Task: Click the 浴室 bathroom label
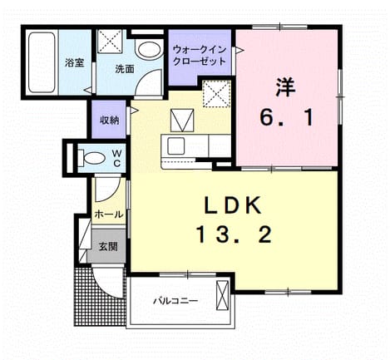[x=74, y=62]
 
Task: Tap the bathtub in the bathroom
[x=42, y=62]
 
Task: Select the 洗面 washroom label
[x=125, y=69]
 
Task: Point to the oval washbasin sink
[x=149, y=50]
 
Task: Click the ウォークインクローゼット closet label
[x=200, y=56]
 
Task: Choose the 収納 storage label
[x=109, y=120]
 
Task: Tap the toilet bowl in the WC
[x=92, y=158]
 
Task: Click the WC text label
[x=117, y=158]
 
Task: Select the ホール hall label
[x=109, y=215]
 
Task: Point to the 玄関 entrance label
[x=108, y=246]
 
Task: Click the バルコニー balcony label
[x=176, y=301]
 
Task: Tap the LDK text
[x=233, y=205]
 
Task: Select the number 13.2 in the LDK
[x=234, y=234]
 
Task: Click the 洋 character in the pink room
[x=285, y=87]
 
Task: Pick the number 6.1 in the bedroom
[x=287, y=117]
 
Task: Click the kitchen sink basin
[x=176, y=145]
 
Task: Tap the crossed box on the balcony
[x=222, y=295]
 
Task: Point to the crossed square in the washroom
[x=111, y=41]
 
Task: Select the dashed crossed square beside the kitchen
[x=217, y=94]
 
